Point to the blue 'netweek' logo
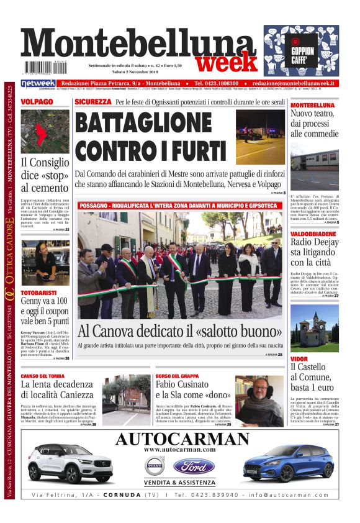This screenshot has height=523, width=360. click(38, 83)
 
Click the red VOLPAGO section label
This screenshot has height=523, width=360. click(37, 101)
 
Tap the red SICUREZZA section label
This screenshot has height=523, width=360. click(92, 101)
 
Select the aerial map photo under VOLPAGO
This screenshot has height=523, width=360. click(45, 131)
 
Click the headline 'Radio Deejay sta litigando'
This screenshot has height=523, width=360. click(314, 252)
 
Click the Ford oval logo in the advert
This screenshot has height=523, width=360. click(193, 467)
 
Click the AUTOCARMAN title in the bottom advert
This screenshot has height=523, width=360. click(182, 439)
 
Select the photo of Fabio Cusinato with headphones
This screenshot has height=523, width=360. click(259, 400)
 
